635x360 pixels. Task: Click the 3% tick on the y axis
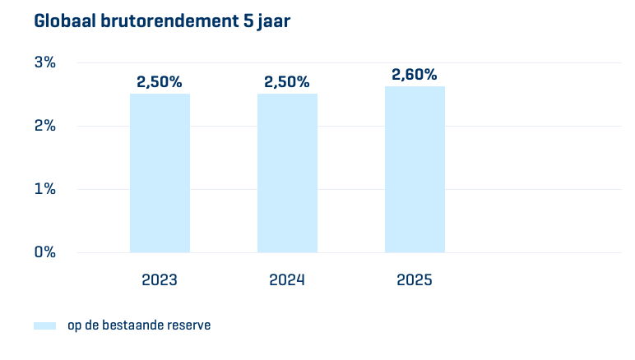pyautogui.click(x=44, y=62)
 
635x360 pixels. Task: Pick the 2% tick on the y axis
pyautogui.click(x=44, y=126)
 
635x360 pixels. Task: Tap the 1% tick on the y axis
pyautogui.click(x=44, y=189)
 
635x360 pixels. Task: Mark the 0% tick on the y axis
pyautogui.click(x=44, y=252)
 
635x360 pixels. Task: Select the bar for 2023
pyautogui.click(x=160, y=173)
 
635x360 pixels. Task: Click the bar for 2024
pyautogui.click(x=287, y=173)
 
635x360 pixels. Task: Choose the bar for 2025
pyautogui.click(x=415, y=169)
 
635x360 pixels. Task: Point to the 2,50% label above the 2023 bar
pyautogui.click(x=160, y=82)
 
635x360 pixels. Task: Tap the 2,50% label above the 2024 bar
pyautogui.click(x=287, y=82)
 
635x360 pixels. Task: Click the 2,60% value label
pyautogui.click(x=415, y=75)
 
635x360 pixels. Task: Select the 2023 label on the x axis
pyautogui.click(x=160, y=279)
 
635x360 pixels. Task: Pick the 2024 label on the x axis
pyautogui.click(x=287, y=279)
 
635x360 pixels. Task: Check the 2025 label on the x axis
pyautogui.click(x=415, y=279)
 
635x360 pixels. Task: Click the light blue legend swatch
pyautogui.click(x=44, y=325)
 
